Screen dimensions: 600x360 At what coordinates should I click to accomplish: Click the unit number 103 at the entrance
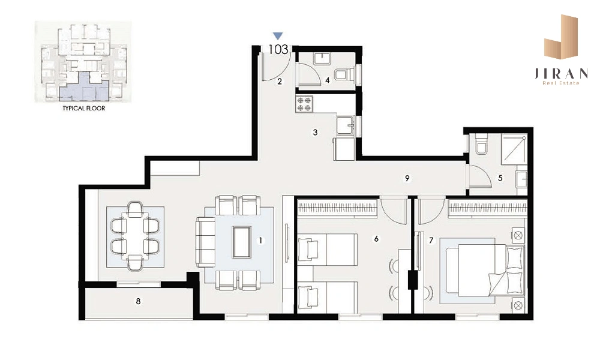coord(278,49)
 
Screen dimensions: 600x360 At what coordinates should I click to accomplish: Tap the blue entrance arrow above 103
coord(278,36)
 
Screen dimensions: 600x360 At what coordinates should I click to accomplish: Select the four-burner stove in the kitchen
coord(304,104)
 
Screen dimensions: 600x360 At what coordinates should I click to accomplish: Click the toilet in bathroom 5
coord(481,144)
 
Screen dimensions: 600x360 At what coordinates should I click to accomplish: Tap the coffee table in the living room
coord(242,242)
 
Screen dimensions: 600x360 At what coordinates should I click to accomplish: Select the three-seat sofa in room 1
coord(206,242)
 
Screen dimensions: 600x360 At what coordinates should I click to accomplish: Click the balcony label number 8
coord(138,301)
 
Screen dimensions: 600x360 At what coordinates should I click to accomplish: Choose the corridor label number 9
coord(407,178)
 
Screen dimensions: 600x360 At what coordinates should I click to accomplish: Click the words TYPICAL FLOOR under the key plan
coord(84,108)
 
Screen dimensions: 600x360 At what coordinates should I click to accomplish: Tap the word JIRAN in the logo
coord(561,73)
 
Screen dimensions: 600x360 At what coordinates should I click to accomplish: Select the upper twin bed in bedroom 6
coord(328,250)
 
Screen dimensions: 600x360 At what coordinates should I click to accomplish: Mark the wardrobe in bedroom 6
coord(338,208)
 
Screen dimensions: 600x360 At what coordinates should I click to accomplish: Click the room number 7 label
coord(431,240)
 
